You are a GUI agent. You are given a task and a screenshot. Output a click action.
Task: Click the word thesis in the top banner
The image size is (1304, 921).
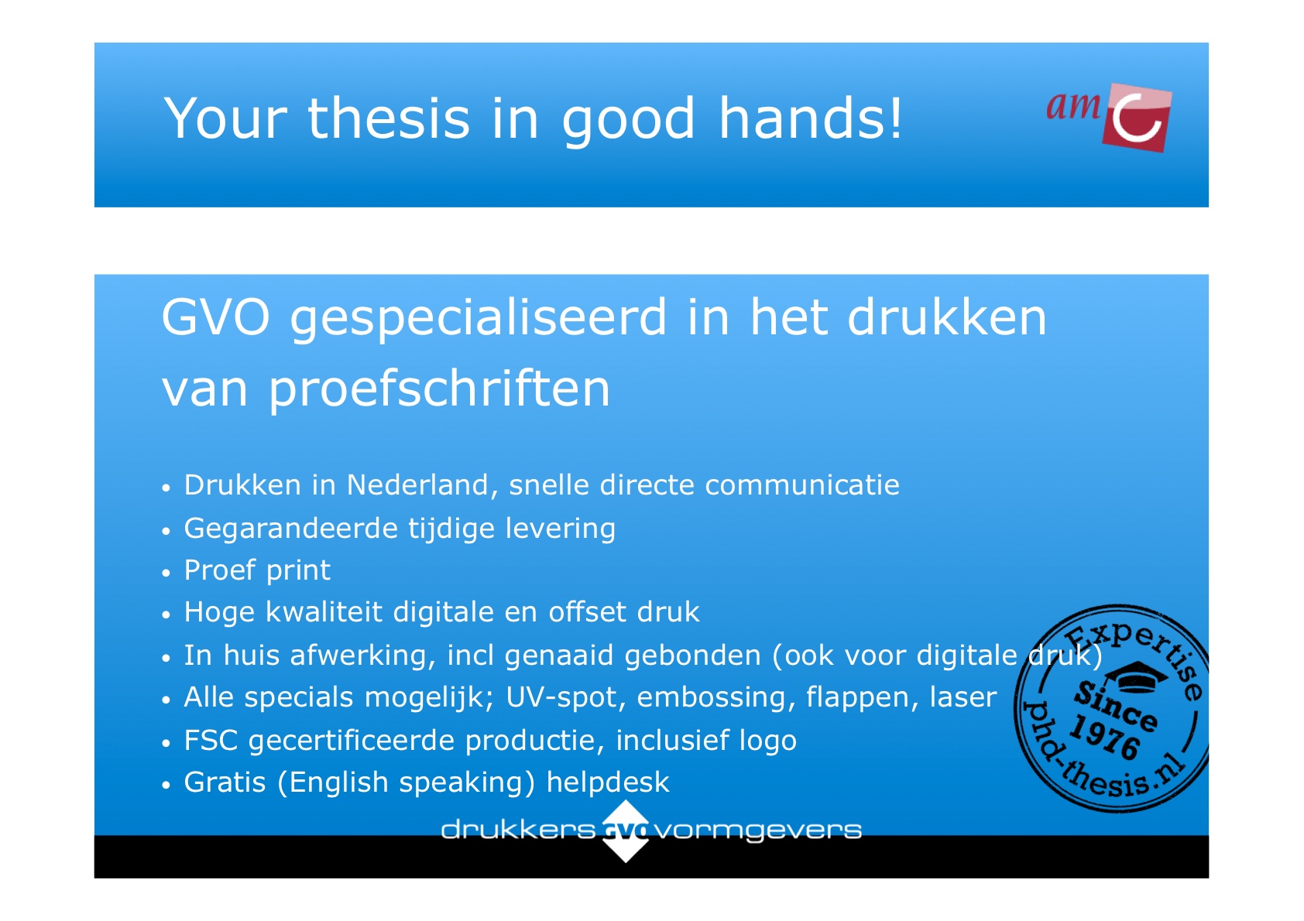[388, 118]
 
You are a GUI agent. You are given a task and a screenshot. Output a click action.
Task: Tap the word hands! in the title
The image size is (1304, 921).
[810, 118]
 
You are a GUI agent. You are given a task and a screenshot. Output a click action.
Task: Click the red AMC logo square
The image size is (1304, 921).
[1136, 118]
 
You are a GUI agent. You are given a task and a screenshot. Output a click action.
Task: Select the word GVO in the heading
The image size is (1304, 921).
[215, 317]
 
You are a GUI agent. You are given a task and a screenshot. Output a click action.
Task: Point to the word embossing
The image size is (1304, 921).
[716, 697]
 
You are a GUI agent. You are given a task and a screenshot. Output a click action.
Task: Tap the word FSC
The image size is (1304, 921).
[211, 740]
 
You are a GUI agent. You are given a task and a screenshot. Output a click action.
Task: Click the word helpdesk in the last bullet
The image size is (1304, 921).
[608, 782]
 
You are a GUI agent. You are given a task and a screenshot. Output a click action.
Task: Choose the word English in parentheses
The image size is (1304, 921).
[339, 782]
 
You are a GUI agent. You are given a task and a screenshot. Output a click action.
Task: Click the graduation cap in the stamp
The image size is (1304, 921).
[1135, 676]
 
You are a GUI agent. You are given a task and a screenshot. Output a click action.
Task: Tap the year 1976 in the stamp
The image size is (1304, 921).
[1104, 738]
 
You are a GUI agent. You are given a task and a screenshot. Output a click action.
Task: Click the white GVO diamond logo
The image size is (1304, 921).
[625, 830]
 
